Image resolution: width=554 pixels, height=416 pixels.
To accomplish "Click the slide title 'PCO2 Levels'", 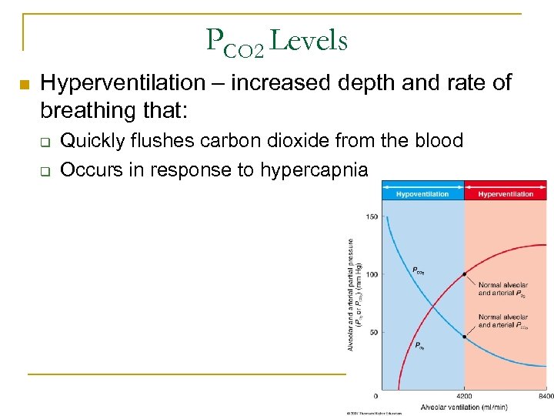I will [x=277, y=41].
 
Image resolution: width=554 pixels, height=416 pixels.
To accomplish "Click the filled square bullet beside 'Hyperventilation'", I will [x=23, y=84].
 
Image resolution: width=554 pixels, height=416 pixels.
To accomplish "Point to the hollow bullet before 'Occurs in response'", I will [x=45, y=171].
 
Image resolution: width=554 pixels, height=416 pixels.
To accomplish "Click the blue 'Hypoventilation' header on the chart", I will [x=422, y=194].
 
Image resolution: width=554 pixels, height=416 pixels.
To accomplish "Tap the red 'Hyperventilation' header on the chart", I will [x=506, y=194].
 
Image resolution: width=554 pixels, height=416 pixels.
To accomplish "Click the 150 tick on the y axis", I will [x=372, y=217].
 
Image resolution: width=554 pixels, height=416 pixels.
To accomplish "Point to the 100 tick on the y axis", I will [x=372, y=275].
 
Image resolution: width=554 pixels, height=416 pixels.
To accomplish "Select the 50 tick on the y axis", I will [x=372, y=333].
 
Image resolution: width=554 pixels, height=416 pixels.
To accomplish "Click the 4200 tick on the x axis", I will [x=464, y=396].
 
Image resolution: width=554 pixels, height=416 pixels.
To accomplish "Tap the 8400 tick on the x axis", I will [x=546, y=396].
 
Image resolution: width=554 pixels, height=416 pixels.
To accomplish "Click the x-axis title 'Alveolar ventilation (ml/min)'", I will [x=463, y=407].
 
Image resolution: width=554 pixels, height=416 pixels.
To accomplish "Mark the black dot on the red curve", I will [x=465, y=274].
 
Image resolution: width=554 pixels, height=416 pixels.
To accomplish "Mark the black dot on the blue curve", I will [x=465, y=337].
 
